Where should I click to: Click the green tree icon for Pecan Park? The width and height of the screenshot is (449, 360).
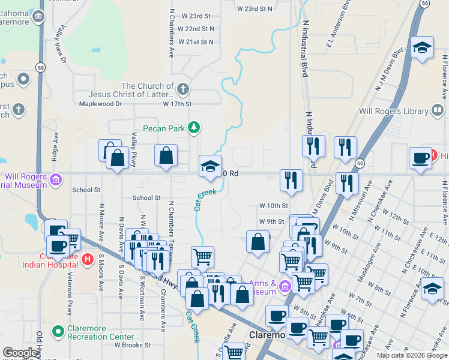193,127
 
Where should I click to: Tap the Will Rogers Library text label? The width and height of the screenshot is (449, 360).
393,111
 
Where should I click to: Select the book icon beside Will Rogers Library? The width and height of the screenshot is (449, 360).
438,111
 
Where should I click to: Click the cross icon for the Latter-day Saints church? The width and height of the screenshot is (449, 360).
183,90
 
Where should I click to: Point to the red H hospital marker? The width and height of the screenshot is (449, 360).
88,259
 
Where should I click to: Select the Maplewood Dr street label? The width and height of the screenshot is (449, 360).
100,104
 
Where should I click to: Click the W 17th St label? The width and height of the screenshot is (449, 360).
177,104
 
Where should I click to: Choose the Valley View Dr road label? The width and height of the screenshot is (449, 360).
60,45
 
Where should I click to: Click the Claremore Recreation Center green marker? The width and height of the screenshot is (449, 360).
58,331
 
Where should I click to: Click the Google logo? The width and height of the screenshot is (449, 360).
20,353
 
